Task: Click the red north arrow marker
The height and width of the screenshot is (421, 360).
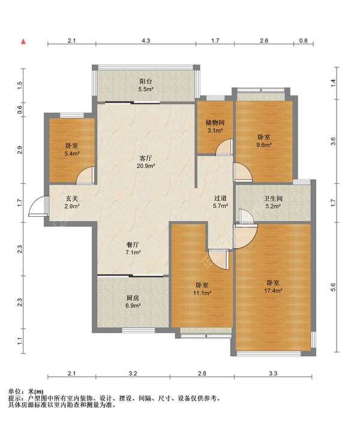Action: click(x=23, y=41)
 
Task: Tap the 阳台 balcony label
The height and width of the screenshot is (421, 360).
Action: click(x=146, y=81)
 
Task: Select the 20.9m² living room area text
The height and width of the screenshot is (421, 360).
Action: click(x=146, y=166)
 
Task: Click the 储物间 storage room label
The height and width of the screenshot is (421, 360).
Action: click(x=215, y=123)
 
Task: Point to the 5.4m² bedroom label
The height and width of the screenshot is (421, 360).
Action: click(x=72, y=154)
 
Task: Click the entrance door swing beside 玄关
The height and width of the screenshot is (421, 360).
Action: click(x=38, y=206)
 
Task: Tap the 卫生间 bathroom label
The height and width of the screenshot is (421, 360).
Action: click(x=273, y=199)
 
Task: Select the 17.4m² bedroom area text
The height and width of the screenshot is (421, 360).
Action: click(x=273, y=291)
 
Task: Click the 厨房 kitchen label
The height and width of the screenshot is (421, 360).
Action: click(x=133, y=298)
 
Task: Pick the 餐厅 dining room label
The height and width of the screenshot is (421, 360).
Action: click(x=133, y=245)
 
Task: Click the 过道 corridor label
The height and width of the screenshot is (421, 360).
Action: click(x=220, y=198)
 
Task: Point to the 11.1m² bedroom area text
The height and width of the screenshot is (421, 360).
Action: click(x=202, y=293)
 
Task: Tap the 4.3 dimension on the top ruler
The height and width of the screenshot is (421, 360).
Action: click(x=146, y=41)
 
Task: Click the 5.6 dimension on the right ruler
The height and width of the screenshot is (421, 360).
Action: click(x=333, y=287)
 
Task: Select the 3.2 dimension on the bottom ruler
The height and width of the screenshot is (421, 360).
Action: click(x=133, y=374)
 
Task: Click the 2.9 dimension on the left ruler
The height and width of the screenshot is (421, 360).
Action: click(x=20, y=150)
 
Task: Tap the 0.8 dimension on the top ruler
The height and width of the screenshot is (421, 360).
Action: click(x=304, y=41)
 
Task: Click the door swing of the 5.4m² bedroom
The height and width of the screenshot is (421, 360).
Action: click(x=85, y=175)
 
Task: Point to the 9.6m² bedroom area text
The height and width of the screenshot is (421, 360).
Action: click(x=264, y=145)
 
